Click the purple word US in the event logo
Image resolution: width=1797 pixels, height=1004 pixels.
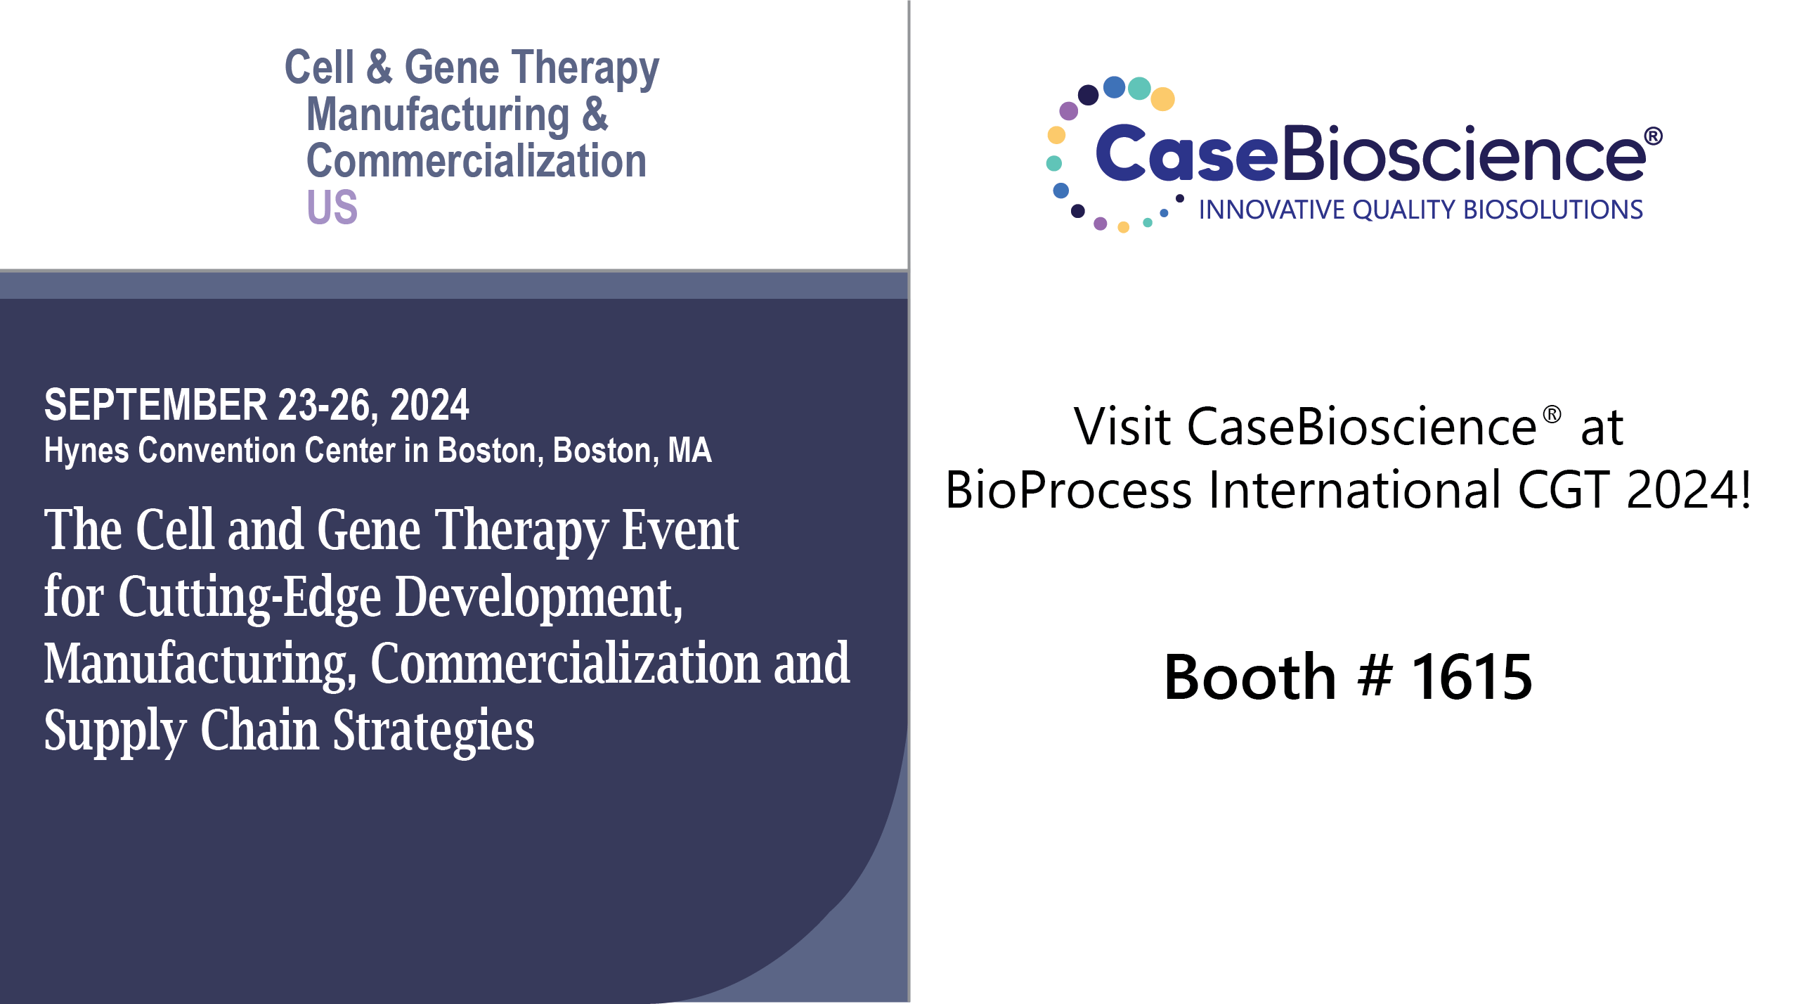(332, 207)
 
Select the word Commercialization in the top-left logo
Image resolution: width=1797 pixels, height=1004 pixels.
(476, 161)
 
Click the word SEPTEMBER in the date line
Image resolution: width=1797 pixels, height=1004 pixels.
(156, 405)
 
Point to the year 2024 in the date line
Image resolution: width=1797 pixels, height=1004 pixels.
(429, 405)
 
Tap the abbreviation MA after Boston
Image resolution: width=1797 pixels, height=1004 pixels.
(689, 450)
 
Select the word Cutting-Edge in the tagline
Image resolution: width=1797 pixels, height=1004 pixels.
(249, 598)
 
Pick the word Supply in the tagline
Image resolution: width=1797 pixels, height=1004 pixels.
(115, 731)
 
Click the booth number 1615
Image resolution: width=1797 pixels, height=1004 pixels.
(1472, 676)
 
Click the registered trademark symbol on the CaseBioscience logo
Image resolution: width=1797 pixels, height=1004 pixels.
(1654, 136)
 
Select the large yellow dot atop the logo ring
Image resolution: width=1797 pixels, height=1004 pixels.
(1163, 98)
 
